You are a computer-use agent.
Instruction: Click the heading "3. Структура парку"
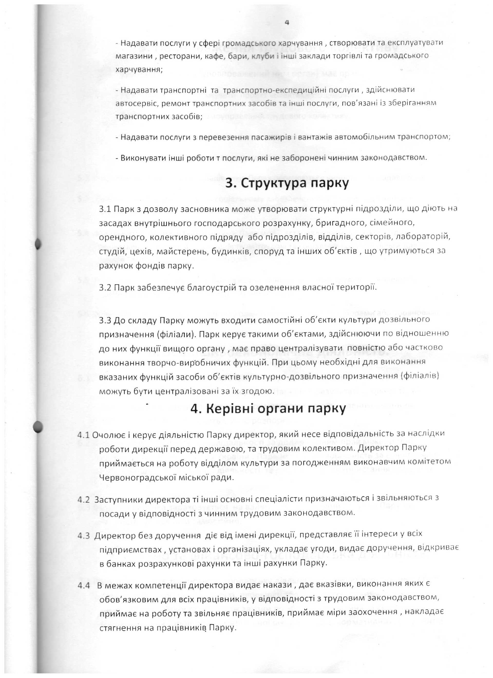point(287,183)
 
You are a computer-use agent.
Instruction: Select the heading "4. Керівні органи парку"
point(268,409)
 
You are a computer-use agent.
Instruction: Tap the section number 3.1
point(105,209)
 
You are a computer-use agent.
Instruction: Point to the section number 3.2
point(105,288)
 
